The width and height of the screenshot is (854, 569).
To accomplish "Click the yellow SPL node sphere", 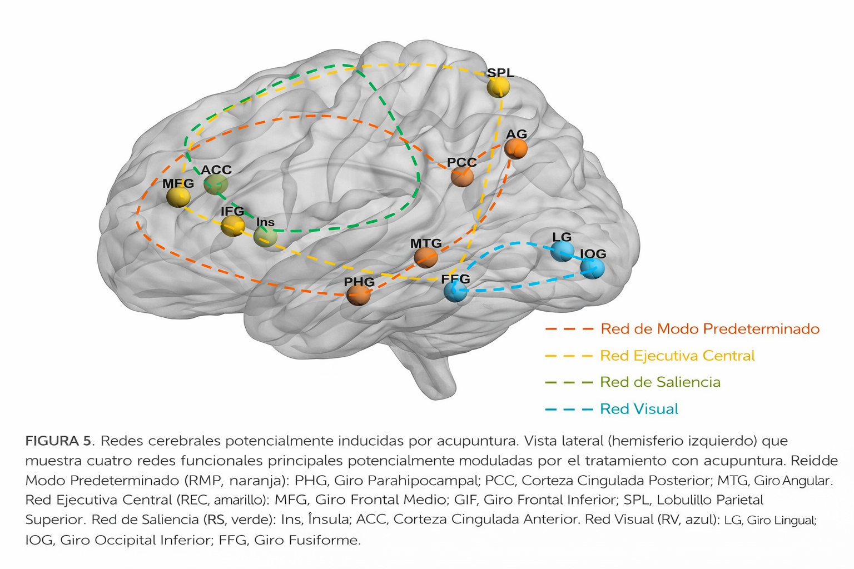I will pos(498,87).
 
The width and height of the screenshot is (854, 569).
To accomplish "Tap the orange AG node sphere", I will pos(516,148).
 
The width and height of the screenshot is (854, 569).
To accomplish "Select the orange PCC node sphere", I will pos(462,177).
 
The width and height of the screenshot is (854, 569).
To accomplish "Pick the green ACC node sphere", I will pos(216,184).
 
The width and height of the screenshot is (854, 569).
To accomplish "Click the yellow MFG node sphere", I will pos(178,197).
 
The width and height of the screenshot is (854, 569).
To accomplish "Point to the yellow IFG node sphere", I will pos(232,225).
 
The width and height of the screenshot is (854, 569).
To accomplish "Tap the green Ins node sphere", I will pos(265,236).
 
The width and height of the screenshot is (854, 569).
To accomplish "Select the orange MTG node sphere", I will pos(426,257).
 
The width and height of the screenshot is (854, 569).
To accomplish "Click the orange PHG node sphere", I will pos(359,295).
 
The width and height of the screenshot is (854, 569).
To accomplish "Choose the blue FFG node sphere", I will pos(455,291).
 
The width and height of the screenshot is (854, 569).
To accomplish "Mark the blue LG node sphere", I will pos(562,251).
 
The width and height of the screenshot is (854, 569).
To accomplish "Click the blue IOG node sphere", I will pos(592,268).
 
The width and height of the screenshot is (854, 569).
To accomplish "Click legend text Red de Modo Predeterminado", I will pos(710,329).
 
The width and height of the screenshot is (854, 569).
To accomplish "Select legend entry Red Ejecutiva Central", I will pos(677,356).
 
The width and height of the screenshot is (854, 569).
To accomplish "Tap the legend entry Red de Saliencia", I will pos(660,382).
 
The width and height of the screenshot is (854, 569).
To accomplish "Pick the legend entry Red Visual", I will pos(639,409).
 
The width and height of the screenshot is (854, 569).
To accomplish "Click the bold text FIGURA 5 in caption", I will pos(58,441).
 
